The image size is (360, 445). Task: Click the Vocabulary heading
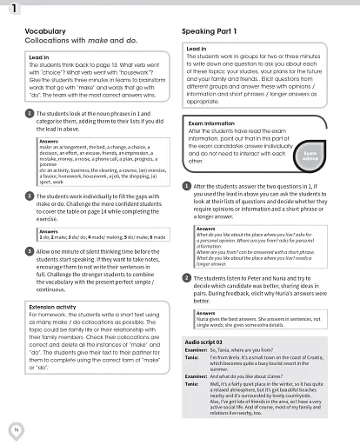[40, 30]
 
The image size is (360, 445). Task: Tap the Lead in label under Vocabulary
[41, 58]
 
